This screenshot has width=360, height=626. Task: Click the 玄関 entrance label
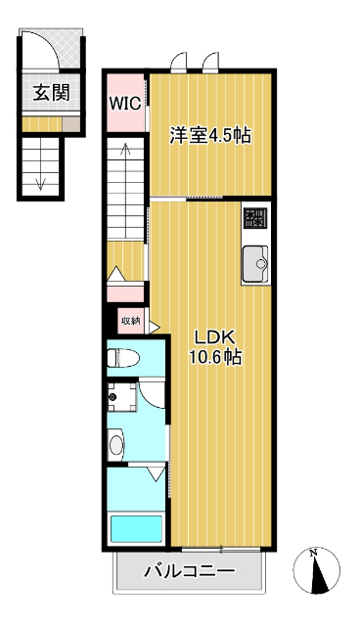(51, 93)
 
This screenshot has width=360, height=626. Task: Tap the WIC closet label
(125, 104)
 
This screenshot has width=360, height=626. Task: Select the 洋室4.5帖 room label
(210, 135)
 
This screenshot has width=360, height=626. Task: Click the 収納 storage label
(131, 321)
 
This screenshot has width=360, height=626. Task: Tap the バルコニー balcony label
(189, 571)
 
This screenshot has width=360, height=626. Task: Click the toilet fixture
(123, 358)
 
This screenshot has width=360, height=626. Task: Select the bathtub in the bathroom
(137, 529)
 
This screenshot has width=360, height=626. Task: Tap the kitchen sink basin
(255, 263)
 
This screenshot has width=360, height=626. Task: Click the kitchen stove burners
(255, 219)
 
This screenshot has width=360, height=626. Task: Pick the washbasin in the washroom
(116, 445)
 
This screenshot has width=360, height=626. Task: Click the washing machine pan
(121, 397)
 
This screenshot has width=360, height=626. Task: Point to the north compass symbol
(317, 570)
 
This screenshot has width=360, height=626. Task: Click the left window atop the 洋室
(179, 63)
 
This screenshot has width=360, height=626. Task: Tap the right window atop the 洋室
(210, 63)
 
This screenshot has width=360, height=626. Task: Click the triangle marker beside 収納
(154, 327)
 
